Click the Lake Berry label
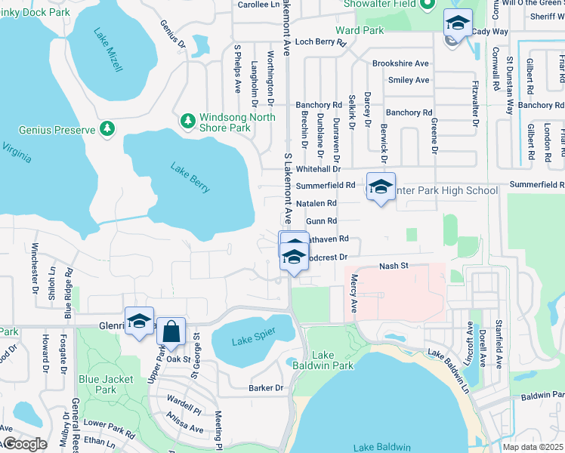pyautogui.click(x=190, y=178)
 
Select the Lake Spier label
pyautogui.click(x=251, y=338)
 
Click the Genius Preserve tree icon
pyautogui.click(x=107, y=129)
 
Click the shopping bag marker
pyautogui.click(x=171, y=332)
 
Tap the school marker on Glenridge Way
pyautogui.click(x=139, y=322)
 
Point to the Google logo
pyautogui.click(x=24, y=444)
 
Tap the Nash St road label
pyautogui.click(x=393, y=266)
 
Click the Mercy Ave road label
pyautogui.click(x=353, y=294)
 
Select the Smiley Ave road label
pyautogui.click(x=408, y=80)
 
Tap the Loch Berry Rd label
pyautogui.click(x=320, y=43)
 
